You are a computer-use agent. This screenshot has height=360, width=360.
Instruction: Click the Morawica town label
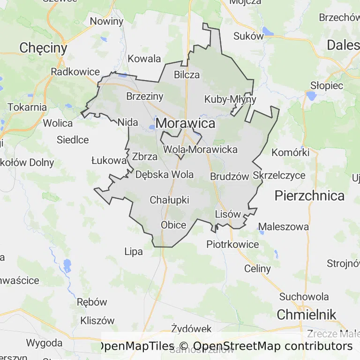point(186,123)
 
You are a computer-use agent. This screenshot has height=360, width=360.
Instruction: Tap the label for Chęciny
point(44,48)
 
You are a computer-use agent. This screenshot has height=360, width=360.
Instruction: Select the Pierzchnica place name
point(309,195)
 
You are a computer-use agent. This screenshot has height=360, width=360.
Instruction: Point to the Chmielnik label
point(307,315)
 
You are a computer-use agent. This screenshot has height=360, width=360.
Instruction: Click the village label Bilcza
point(187,75)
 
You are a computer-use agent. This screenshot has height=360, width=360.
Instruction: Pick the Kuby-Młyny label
point(230,99)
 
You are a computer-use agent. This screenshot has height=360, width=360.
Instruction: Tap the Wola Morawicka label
point(200,150)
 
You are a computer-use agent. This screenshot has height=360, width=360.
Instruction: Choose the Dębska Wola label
point(164,175)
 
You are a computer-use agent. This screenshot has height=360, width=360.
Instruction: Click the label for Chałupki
point(169,200)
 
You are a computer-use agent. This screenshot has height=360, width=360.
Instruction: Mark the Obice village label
point(173,225)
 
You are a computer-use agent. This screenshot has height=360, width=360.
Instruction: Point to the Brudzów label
point(229,177)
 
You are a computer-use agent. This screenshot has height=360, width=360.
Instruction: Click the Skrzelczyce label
point(279,175)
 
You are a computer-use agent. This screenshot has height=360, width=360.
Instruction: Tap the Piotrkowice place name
point(232,245)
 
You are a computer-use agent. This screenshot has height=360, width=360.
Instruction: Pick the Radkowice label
point(75,72)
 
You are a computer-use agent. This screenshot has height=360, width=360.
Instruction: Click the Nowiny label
point(106,21)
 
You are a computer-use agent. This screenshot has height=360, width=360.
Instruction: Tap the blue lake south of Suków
point(268,31)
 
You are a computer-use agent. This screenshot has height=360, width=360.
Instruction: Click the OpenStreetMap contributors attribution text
point(273,346)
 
